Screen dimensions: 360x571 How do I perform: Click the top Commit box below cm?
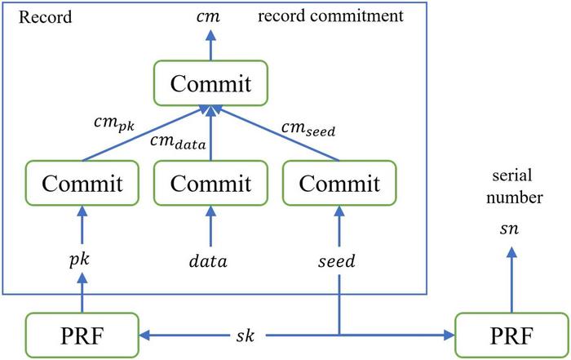click(211, 84)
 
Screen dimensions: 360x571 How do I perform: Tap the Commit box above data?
click(211, 183)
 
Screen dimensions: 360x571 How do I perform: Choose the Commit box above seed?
click(338, 183)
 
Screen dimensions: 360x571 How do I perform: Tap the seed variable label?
click(337, 262)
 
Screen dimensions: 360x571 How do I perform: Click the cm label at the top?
click(211, 17)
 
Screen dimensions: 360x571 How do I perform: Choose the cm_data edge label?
click(178, 144)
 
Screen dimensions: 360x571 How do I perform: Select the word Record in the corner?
click(33, 16)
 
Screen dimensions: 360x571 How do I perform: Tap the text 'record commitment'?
click(352, 16)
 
